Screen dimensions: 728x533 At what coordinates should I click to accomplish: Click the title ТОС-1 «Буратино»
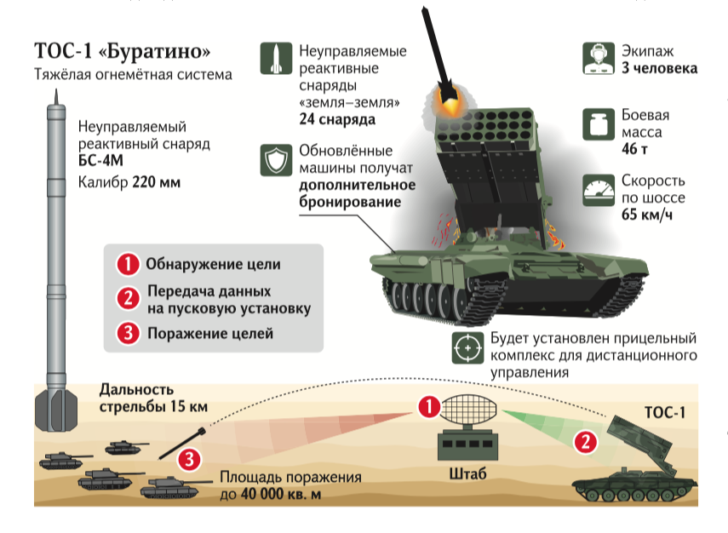(122, 50)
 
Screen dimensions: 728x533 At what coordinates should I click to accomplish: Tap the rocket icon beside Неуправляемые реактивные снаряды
(276, 58)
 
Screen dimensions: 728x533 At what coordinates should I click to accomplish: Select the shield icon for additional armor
(276, 160)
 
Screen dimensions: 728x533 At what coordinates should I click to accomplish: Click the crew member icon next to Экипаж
(598, 59)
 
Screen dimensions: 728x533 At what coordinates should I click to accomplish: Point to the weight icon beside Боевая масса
(598, 124)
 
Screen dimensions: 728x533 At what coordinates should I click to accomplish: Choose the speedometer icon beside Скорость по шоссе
(598, 190)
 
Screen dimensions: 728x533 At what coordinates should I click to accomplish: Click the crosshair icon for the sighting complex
(467, 347)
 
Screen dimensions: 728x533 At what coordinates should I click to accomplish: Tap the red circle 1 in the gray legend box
(128, 264)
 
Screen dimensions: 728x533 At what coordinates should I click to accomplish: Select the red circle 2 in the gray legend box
(128, 298)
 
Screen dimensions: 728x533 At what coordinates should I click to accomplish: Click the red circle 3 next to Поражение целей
(128, 333)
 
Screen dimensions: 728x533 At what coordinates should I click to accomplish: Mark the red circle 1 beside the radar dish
(429, 407)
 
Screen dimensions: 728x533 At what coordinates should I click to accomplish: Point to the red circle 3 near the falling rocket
(189, 460)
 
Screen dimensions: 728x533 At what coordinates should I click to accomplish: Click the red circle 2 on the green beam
(586, 442)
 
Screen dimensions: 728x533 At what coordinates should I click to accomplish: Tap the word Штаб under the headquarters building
(467, 473)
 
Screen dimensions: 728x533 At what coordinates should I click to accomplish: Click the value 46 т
(634, 148)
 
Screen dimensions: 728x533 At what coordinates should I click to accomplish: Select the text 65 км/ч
(647, 215)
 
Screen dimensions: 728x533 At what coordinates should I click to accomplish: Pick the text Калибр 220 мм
(129, 182)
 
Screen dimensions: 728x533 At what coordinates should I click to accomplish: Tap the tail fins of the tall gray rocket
(56, 409)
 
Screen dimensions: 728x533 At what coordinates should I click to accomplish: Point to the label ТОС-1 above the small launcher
(665, 412)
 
